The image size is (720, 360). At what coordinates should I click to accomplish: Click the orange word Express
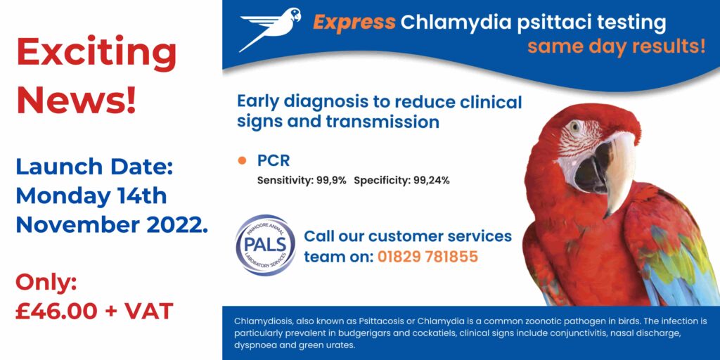click(354, 22)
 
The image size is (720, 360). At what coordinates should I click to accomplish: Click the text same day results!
click(616, 47)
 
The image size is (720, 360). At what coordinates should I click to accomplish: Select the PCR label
click(274, 160)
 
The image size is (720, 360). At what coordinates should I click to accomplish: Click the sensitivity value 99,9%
click(330, 181)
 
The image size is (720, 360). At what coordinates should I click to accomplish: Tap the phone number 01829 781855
click(427, 257)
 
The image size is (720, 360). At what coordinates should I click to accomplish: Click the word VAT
click(148, 310)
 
